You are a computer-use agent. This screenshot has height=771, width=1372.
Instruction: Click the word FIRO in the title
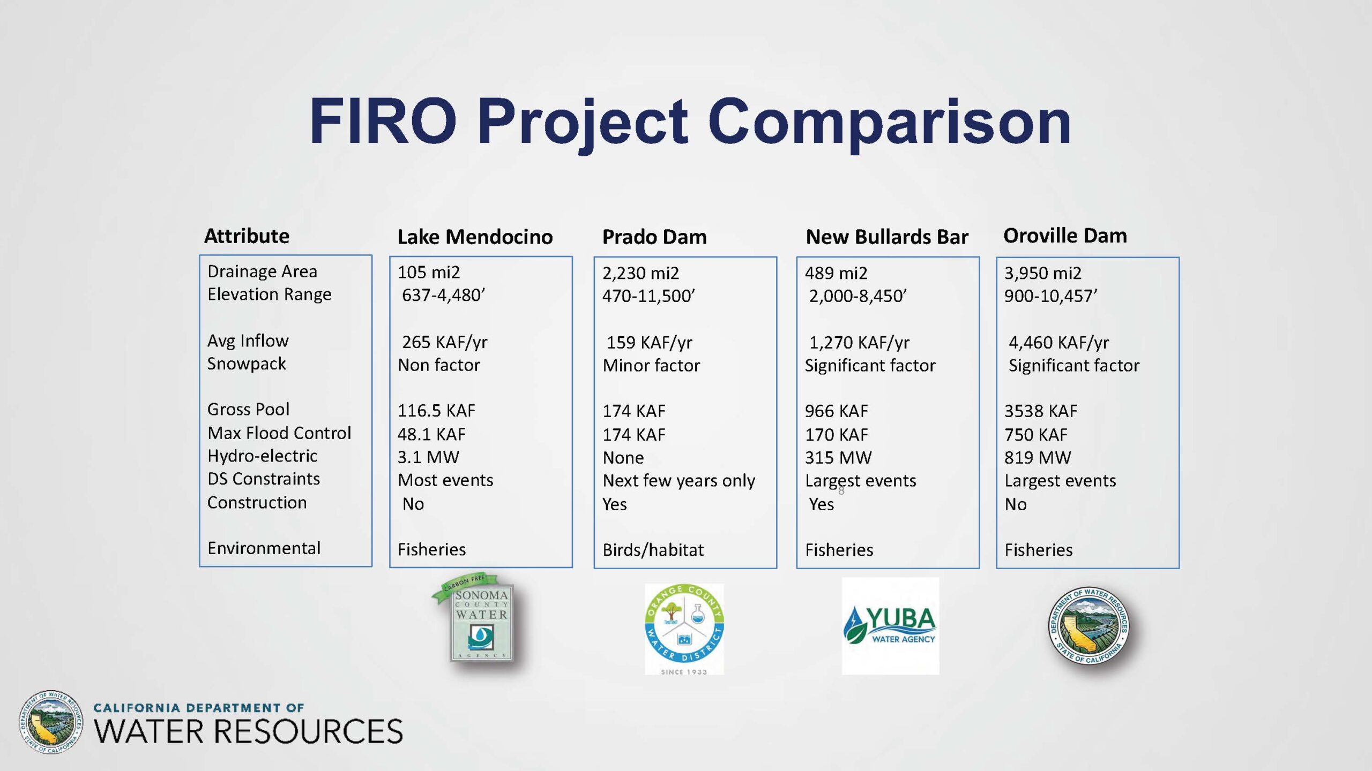(383, 122)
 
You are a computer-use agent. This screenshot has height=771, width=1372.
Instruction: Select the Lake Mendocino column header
(475, 237)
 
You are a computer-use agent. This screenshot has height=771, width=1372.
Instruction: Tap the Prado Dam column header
(654, 237)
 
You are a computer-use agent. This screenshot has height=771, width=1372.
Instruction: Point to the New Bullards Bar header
(887, 237)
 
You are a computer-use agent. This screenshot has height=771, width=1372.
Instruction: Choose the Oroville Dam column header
(1065, 236)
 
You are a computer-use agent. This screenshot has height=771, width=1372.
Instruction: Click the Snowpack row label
(247, 364)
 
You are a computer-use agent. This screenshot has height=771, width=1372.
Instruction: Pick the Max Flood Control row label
(279, 433)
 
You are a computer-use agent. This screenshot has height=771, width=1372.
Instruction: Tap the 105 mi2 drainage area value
(429, 272)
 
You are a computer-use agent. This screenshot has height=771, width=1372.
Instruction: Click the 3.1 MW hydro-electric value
(428, 457)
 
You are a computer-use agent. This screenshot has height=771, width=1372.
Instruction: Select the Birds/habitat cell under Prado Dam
(653, 550)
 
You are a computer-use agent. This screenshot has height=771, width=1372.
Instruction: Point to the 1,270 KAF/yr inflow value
(859, 342)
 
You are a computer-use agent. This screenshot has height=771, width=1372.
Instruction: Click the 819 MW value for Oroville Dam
(1038, 457)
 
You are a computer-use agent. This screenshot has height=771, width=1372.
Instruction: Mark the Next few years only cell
(678, 481)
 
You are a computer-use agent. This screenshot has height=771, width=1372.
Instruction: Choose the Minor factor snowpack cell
(651, 365)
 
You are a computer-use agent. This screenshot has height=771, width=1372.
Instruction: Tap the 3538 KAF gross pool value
(1041, 411)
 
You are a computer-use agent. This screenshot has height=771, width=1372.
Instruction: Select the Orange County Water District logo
(684, 629)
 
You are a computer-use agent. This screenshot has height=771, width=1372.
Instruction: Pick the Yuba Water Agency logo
(890, 626)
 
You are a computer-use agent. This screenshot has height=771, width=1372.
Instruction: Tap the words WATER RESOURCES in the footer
(248, 731)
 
